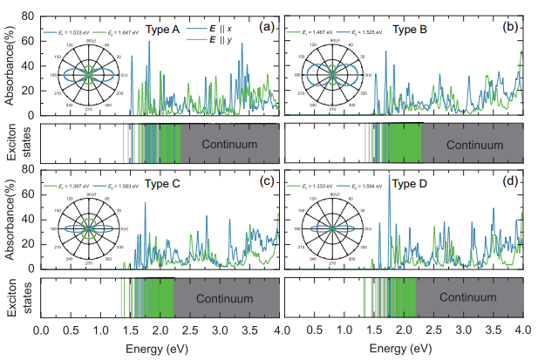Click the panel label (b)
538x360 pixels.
(512, 27)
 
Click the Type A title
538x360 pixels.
(162, 29)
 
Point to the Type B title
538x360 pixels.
(409, 29)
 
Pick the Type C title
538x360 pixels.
(163, 184)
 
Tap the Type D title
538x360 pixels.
(409, 184)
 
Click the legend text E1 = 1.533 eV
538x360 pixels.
(72, 31)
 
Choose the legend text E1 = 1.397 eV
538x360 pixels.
(72, 187)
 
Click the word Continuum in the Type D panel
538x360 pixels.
(469, 297)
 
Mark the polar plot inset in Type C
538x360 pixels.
(87, 229)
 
